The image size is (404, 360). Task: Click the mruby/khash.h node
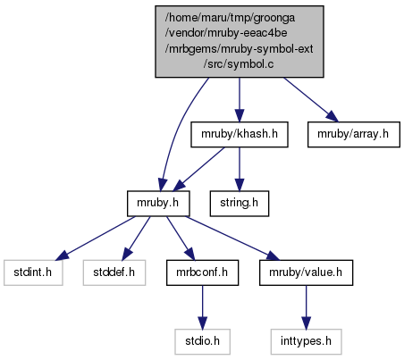240,134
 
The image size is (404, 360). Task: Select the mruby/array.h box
354,134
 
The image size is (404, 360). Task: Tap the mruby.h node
158,204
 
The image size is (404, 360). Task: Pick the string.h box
240,204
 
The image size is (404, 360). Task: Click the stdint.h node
33,272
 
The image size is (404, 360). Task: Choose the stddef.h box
114,272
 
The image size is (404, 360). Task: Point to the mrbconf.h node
202,272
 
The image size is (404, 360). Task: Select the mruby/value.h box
306,272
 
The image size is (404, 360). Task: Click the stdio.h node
202,341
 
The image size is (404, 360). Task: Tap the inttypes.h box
306,341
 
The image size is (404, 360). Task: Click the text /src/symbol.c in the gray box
239,64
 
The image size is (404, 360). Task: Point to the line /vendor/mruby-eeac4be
226,33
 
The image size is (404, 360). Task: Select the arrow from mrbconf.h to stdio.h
202,307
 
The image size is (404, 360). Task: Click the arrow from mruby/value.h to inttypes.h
306,307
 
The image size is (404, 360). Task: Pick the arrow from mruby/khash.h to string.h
240,169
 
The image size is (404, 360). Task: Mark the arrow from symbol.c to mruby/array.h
311,100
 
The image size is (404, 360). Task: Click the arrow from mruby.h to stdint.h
96,238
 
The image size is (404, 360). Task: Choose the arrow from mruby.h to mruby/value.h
232,238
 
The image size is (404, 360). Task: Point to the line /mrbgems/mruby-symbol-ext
239,48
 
